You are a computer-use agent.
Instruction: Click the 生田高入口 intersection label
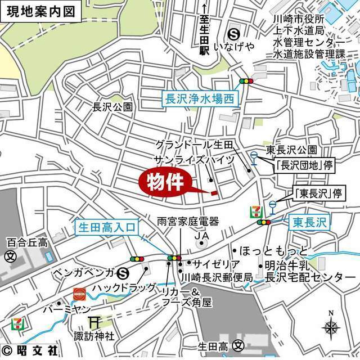[x=107, y=227]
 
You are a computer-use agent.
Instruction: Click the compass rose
[x=331, y=326]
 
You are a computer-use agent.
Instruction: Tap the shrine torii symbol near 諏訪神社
[x=94, y=322]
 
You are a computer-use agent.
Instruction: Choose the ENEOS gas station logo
[x=80, y=293]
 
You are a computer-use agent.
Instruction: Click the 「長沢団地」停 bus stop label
[x=297, y=165]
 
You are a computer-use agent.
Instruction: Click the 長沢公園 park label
[x=112, y=106]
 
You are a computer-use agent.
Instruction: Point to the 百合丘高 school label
[x=26, y=243]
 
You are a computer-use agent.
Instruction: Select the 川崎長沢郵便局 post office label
[x=216, y=277]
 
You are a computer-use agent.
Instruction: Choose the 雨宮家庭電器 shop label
[x=188, y=222]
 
